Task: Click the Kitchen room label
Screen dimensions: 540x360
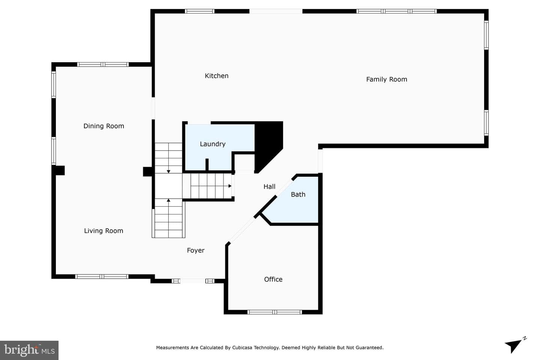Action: coord(216,76)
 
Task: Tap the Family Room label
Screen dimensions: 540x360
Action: coord(386,79)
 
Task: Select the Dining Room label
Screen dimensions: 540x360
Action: coord(103,126)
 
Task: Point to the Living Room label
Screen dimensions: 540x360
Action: coord(103,231)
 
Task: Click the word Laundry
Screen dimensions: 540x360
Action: coord(213,144)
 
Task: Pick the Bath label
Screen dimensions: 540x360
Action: coord(298,194)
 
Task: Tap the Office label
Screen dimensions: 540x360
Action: coord(273,279)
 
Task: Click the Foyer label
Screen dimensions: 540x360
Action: coord(195,250)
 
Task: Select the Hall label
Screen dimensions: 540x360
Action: coord(269,186)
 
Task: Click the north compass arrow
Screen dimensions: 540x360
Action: coord(514,345)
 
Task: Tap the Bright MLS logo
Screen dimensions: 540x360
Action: coord(29,350)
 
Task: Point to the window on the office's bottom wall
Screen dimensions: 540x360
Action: coord(275,312)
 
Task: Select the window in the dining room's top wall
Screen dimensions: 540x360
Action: coord(103,64)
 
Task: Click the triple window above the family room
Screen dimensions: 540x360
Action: coord(397,11)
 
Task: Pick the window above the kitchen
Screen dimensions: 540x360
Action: coord(199,11)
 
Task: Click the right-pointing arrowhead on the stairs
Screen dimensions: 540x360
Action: coord(230,186)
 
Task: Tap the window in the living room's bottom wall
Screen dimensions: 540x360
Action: coord(102,276)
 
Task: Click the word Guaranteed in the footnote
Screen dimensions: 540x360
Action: coord(371,348)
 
